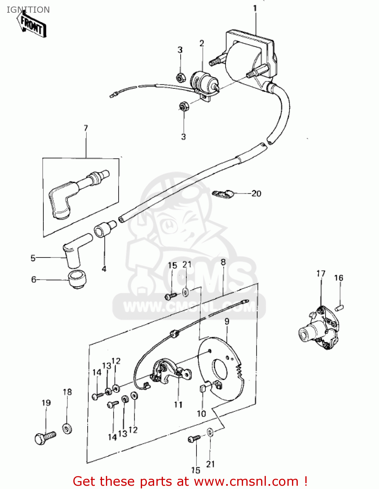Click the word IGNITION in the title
[28, 10]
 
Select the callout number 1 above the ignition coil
[255, 8]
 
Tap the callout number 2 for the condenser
[202, 43]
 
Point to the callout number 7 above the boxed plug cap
[86, 128]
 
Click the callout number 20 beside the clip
[256, 194]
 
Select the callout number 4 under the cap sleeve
[104, 269]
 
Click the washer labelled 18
[67, 428]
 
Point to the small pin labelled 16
[340, 307]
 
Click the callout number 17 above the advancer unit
[321, 274]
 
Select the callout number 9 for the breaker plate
[227, 321]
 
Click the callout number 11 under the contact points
[178, 405]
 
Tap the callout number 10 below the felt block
[201, 414]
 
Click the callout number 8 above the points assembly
[223, 262]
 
